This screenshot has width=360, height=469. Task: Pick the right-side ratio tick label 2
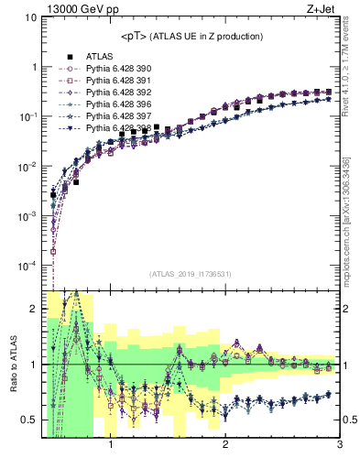[x=349, y=309]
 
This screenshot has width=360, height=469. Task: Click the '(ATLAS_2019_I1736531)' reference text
[x=190, y=274]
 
